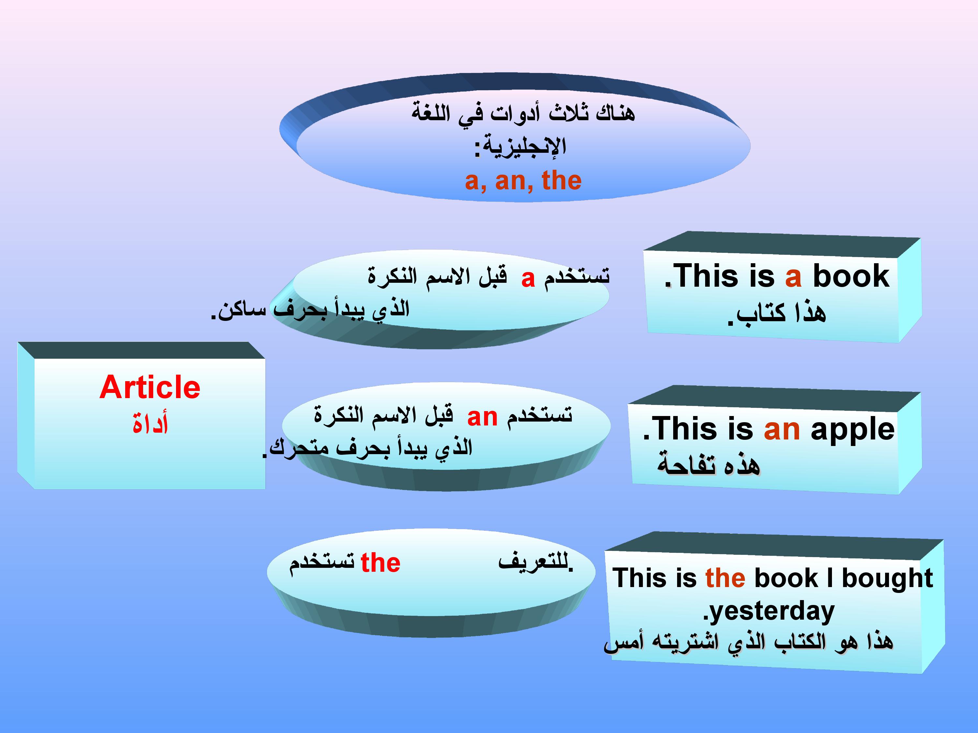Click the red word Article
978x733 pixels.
point(150,387)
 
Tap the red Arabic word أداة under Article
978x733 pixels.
point(150,423)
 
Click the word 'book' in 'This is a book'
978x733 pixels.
point(851,276)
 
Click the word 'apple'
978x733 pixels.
point(853,431)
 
